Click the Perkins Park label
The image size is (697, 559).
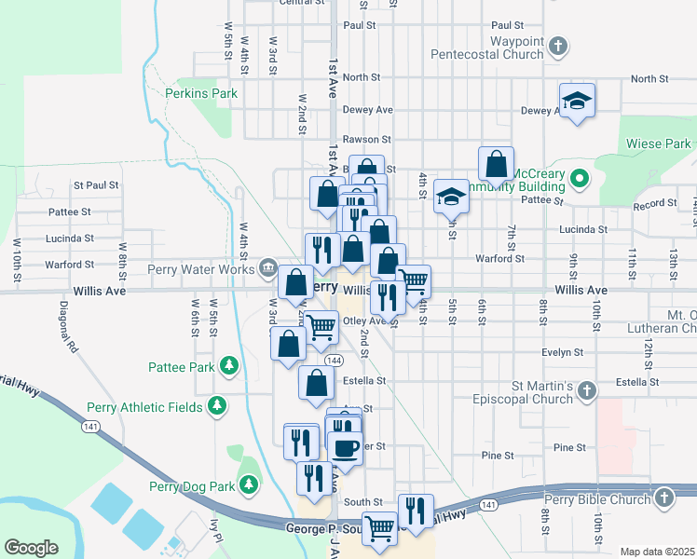201,93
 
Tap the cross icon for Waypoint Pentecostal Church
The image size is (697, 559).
557,45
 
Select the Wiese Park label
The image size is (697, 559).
659,143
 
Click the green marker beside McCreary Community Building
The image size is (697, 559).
579,176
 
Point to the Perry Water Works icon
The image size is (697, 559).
268,269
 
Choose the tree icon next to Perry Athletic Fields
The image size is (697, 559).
217,405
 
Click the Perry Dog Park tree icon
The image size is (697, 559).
248,484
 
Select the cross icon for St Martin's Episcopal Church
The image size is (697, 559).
585,390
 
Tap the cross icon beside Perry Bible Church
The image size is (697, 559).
663,498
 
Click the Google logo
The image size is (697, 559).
31,547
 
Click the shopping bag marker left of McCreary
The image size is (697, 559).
497,164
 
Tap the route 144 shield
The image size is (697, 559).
334,360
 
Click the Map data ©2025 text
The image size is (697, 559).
656,552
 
